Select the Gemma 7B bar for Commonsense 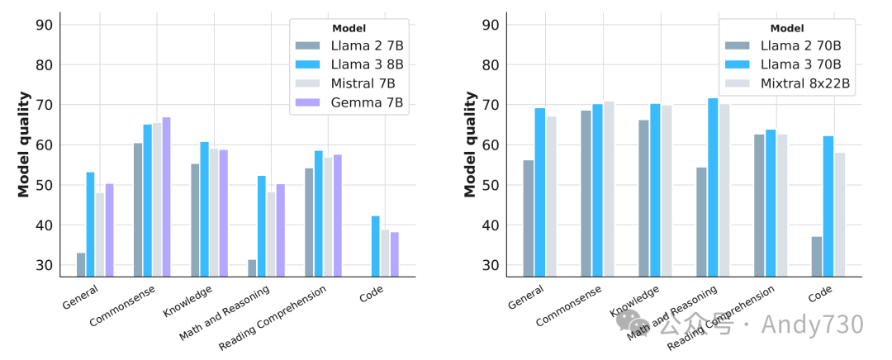[x=166, y=197]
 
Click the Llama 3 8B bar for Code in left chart [x=375, y=247]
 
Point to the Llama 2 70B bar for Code [x=816, y=257]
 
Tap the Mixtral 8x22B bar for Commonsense [x=609, y=189]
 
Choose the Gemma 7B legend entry [x=373, y=102]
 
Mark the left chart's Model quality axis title [x=24, y=144]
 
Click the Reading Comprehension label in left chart [x=273, y=317]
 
